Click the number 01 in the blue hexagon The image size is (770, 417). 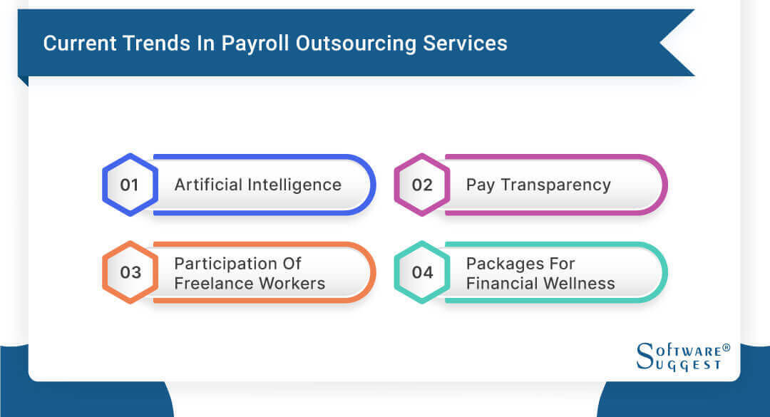(129, 185)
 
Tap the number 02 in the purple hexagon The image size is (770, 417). (422, 185)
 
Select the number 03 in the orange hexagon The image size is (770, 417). (130, 272)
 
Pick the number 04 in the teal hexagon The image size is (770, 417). (422, 272)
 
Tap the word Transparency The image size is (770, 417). (555, 185)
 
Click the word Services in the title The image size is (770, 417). (466, 43)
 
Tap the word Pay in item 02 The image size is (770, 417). (480, 185)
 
